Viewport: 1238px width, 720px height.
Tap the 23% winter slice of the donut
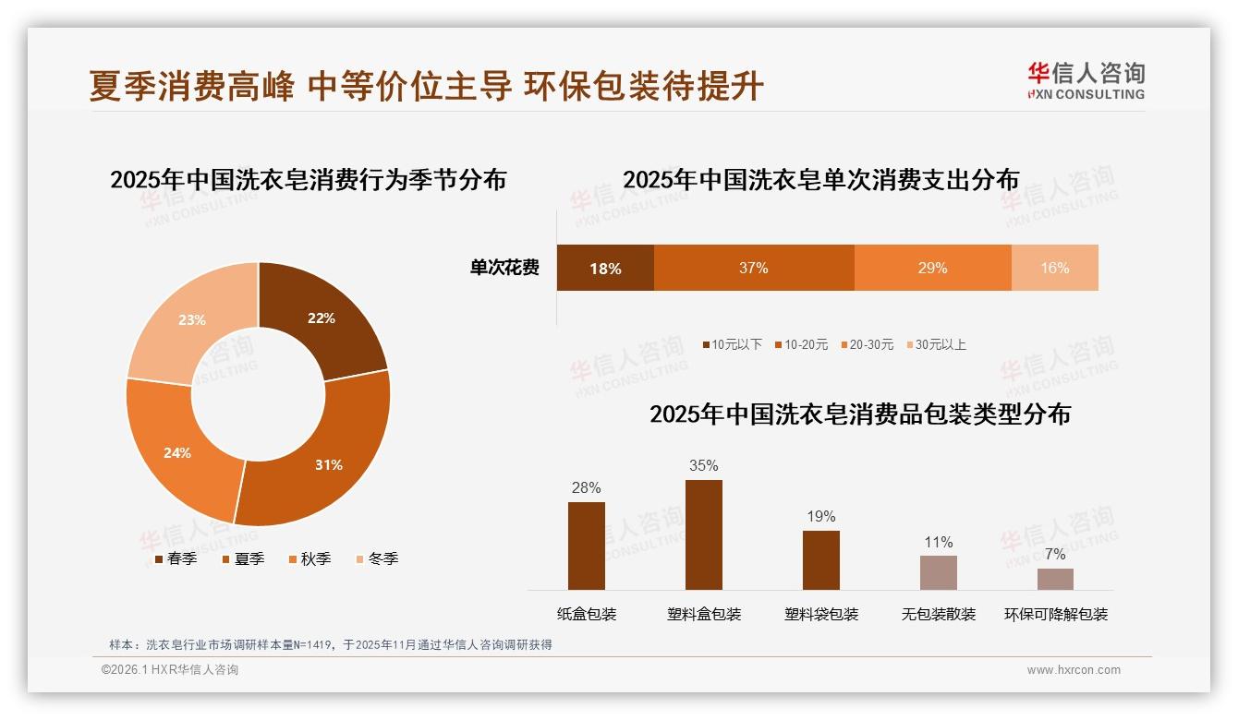189,323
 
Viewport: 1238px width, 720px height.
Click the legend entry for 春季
176,558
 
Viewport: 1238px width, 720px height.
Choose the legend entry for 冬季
377,558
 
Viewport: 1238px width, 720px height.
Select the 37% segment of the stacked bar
754,268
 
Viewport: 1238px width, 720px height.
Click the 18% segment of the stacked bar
605,268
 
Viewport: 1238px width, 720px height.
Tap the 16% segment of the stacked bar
1054,268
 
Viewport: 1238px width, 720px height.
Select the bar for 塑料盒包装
703,534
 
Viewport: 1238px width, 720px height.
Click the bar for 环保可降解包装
1055,579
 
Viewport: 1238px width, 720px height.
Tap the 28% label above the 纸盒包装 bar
586,487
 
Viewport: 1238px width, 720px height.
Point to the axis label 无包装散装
939,614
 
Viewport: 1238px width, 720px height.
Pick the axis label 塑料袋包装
821,614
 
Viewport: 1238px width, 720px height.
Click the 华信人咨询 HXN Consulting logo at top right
1086,81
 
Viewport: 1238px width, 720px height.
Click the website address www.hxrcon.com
1074,670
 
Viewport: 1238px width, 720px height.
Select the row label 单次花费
504,268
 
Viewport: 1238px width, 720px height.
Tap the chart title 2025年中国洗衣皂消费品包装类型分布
859,414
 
